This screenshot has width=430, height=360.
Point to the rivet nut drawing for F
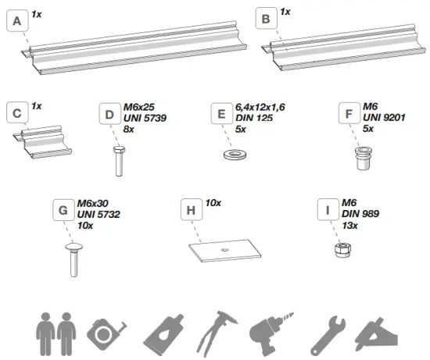[360, 160]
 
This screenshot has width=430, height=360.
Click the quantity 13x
[349, 225]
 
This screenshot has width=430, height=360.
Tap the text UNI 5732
[97, 215]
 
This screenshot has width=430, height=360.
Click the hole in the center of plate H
[224, 249]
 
